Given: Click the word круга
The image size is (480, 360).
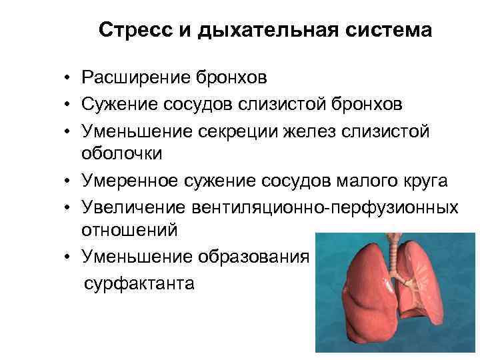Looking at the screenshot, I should tap(408, 181).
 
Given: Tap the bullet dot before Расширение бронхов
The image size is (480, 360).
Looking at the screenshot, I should tap(69, 79).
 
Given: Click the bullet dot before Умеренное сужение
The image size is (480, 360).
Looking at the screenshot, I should tap(69, 182).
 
